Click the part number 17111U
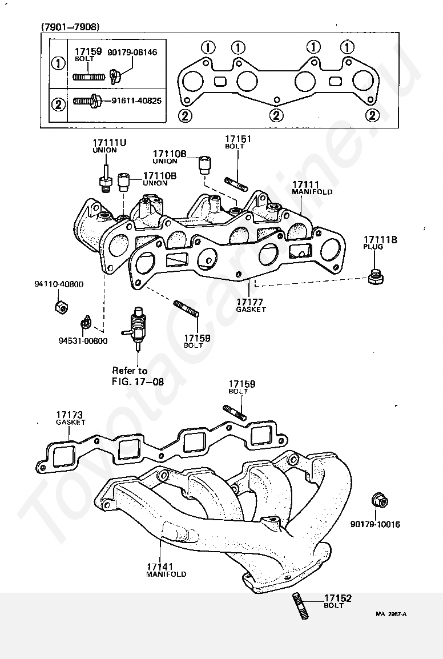pyautogui.click(x=109, y=143)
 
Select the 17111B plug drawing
pyautogui.click(x=376, y=276)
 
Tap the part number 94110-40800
pyautogui.click(x=59, y=284)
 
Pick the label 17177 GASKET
pyautogui.click(x=251, y=305)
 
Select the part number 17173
pyautogui.click(x=70, y=415)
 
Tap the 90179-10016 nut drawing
pyautogui.click(x=380, y=501)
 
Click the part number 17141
pyautogui.click(x=160, y=566)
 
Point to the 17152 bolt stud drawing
pyautogui.click(x=300, y=605)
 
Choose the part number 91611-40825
pyautogui.click(x=136, y=101)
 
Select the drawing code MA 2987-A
pyautogui.click(x=391, y=614)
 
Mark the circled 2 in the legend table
pyautogui.click(x=58, y=104)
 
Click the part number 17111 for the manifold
pyautogui.click(x=306, y=184)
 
